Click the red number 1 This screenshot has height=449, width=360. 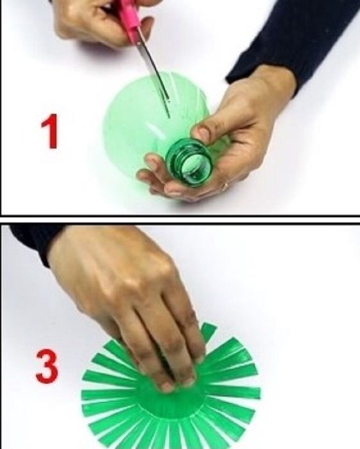pyautogui.click(x=50, y=131)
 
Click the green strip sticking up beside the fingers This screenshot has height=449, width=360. pyautogui.click(x=208, y=332)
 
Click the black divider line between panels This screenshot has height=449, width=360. pyautogui.click(x=180, y=219)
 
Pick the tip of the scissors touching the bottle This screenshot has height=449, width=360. pyautogui.click(x=169, y=117)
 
